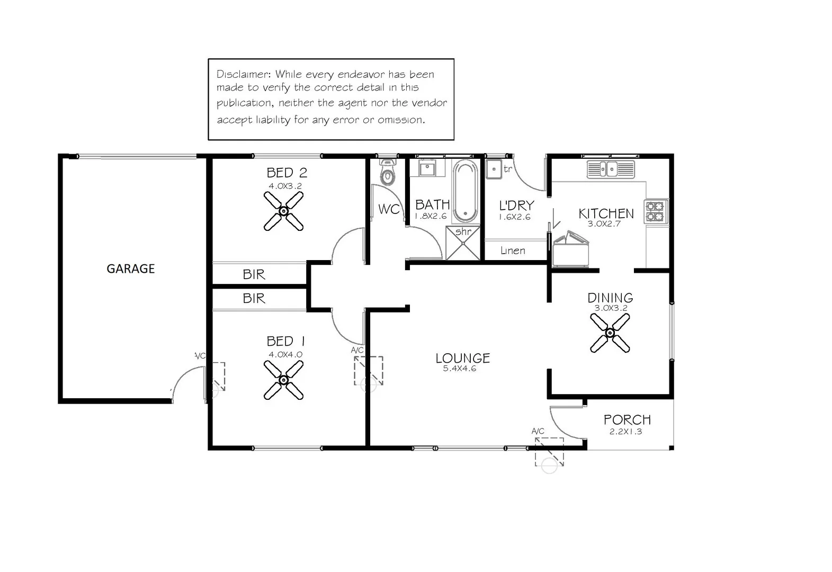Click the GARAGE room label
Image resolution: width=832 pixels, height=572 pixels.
(x=131, y=269)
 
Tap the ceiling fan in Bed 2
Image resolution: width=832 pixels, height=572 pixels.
(x=283, y=211)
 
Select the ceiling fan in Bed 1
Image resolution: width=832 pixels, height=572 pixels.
(x=283, y=380)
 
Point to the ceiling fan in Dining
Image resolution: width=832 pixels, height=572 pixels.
(x=610, y=333)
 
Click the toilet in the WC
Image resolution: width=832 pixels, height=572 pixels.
(x=388, y=173)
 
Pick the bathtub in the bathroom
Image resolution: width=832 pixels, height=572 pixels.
(x=465, y=191)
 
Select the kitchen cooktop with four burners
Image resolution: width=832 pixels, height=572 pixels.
(x=656, y=211)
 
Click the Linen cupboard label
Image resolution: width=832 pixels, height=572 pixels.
(x=513, y=251)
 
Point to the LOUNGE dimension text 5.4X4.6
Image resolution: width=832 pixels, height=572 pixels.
(x=459, y=369)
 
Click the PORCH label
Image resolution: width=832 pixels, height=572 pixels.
(x=627, y=419)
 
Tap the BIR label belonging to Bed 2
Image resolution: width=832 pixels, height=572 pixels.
(x=254, y=274)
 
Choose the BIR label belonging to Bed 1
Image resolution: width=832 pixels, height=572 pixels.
(x=254, y=298)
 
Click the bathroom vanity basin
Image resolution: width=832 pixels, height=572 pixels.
(x=427, y=169)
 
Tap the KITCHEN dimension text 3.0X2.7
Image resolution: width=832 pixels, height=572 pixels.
(x=604, y=224)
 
